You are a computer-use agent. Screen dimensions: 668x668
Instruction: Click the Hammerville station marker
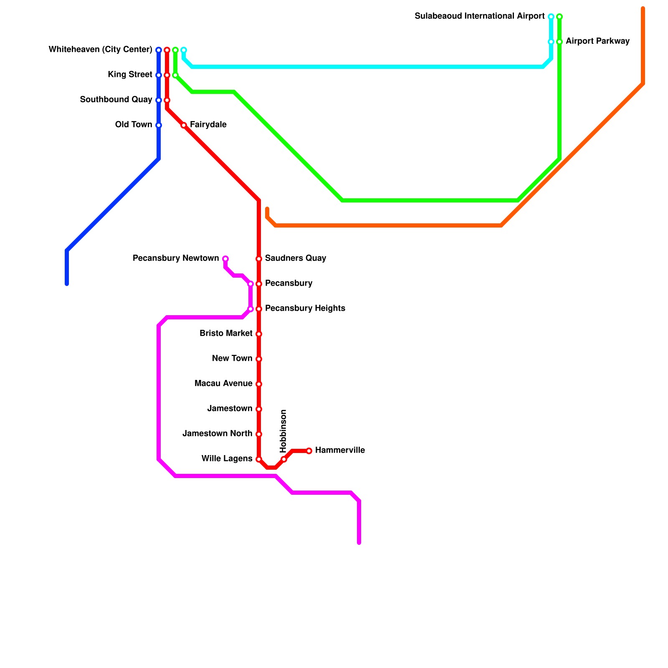[x=309, y=451]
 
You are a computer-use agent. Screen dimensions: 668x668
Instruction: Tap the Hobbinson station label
[x=283, y=431]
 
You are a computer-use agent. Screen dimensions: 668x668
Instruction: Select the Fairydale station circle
[x=184, y=125]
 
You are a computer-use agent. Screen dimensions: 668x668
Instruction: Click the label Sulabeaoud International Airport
[x=479, y=16]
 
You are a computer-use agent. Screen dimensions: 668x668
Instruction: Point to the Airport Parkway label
[x=597, y=41]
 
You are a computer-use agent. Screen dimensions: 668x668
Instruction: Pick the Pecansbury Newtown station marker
[x=225, y=259]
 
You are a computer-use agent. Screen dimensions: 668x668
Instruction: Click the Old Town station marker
[x=159, y=125]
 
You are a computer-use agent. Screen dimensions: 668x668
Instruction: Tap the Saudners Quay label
[x=296, y=258]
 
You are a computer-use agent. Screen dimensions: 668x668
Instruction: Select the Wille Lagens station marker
[x=259, y=459]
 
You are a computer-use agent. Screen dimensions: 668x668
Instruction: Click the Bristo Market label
[x=226, y=334]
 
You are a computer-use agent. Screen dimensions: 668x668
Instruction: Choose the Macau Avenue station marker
[x=259, y=384]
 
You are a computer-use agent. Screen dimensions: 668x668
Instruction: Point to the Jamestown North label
[x=217, y=434]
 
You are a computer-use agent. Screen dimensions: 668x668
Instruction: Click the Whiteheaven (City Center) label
[x=100, y=50]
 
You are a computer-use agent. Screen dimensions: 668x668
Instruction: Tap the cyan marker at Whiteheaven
[x=184, y=50]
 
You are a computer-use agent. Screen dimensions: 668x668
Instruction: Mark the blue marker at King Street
[x=159, y=75]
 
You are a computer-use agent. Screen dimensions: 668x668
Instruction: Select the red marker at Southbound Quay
[x=167, y=100]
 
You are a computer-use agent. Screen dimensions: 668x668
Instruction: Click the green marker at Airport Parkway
[x=559, y=42]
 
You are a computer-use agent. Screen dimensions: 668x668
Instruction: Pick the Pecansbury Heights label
[x=305, y=309]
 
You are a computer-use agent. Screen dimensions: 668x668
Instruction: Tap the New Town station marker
[x=259, y=359]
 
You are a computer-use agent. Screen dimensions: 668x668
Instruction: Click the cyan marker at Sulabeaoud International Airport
[x=551, y=17]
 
